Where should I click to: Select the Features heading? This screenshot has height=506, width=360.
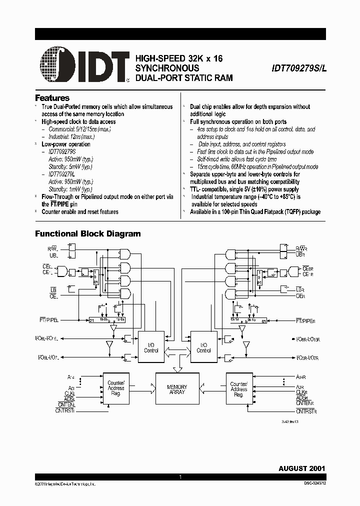click(52, 98)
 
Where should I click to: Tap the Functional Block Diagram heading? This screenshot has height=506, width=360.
click(87, 233)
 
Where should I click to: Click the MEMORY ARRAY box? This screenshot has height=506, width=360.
click(177, 389)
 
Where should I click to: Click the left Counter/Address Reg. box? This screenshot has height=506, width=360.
click(116, 389)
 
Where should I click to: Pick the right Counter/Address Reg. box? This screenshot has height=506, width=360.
click(239, 389)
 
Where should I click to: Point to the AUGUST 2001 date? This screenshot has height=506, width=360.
click(302, 468)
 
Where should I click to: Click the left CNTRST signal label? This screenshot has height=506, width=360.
click(64, 410)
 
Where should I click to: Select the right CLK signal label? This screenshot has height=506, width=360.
click(301, 392)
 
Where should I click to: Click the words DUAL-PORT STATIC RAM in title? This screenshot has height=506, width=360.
click(184, 78)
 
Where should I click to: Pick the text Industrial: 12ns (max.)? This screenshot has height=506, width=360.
click(71, 136)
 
